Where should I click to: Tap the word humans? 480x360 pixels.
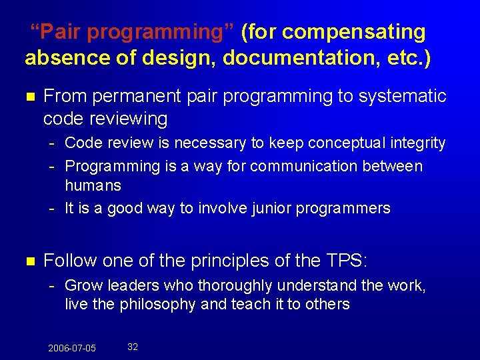click(93, 185)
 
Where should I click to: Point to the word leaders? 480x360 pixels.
click(130, 286)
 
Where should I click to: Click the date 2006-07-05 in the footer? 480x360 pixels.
click(72, 348)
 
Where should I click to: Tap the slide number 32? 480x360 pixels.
click(133, 347)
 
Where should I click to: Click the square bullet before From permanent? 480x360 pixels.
click(29, 97)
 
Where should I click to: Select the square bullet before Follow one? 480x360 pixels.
click(29, 261)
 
